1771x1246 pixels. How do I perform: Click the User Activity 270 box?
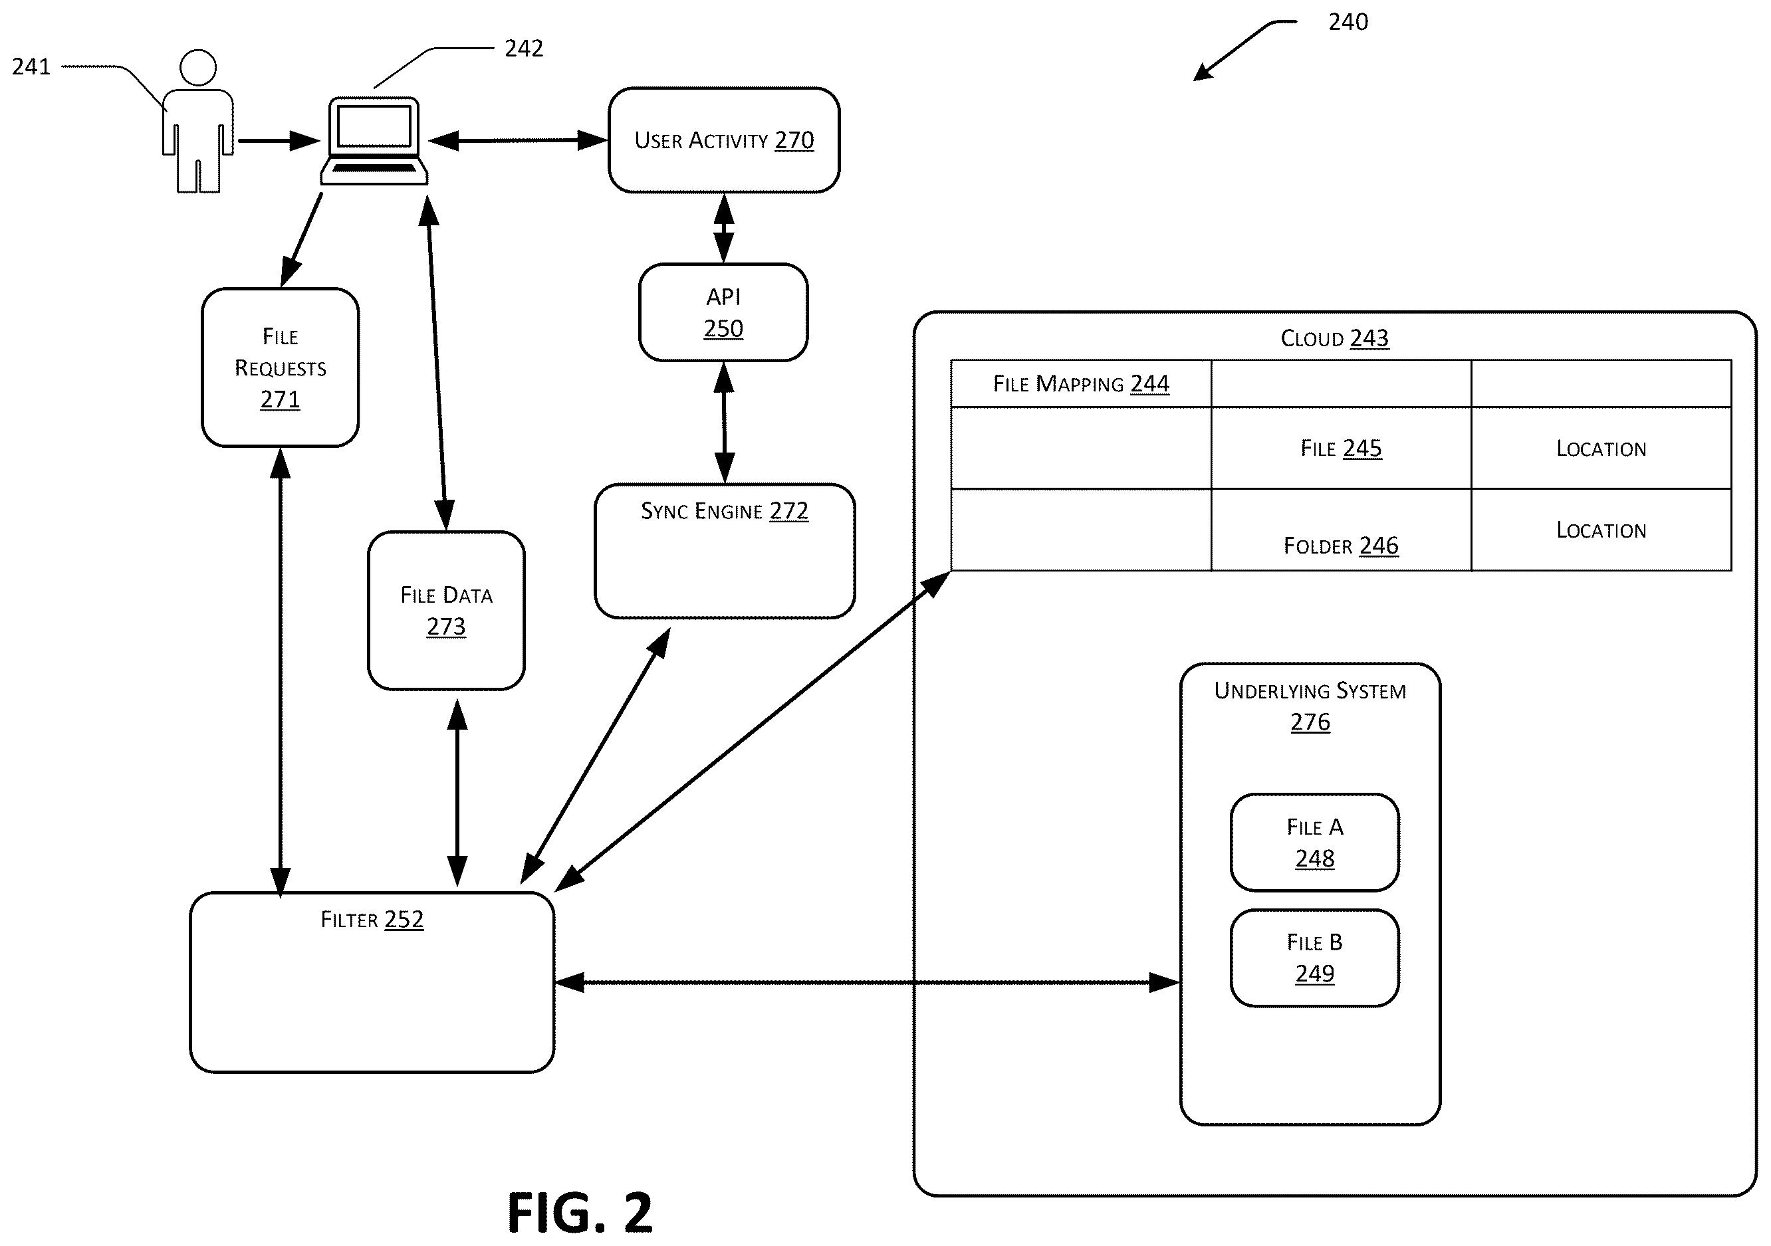(x=723, y=140)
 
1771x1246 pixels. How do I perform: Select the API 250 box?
(x=723, y=312)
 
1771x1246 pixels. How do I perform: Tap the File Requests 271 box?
(x=280, y=367)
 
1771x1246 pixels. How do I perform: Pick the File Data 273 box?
(x=447, y=610)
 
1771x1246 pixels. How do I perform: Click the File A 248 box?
(x=1314, y=842)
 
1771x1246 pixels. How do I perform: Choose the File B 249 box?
(x=1314, y=958)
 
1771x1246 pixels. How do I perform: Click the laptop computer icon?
(x=374, y=140)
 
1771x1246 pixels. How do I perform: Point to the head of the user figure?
(x=197, y=68)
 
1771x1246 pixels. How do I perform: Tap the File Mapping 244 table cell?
(x=1081, y=383)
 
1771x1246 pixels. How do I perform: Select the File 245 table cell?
(x=1342, y=448)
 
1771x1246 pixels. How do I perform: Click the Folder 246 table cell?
(x=1342, y=530)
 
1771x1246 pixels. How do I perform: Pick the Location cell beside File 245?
(x=1601, y=448)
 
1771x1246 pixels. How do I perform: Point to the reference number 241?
(x=31, y=67)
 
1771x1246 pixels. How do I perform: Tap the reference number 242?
(x=524, y=49)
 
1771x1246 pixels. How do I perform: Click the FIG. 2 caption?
(x=580, y=1213)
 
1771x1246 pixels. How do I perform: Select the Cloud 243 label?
(x=1334, y=338)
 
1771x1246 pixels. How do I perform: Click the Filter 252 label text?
(x=372, y=919)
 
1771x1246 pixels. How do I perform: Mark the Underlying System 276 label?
(x=1310, y=706)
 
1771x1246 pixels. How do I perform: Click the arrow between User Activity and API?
(x=723, y=228)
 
